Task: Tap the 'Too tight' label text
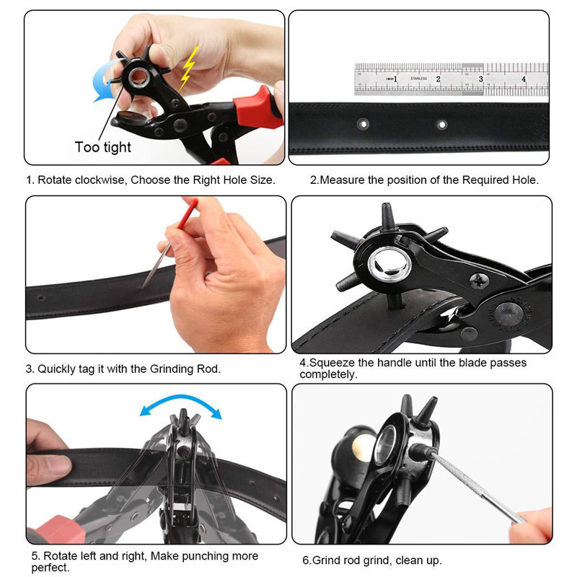[x=103, y=147]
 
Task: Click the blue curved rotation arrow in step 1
[x=102, y=80]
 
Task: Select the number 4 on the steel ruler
[x=524, y=78]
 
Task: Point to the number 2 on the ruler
[x=438, y=78]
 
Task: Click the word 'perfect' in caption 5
[x=49, y=568]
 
